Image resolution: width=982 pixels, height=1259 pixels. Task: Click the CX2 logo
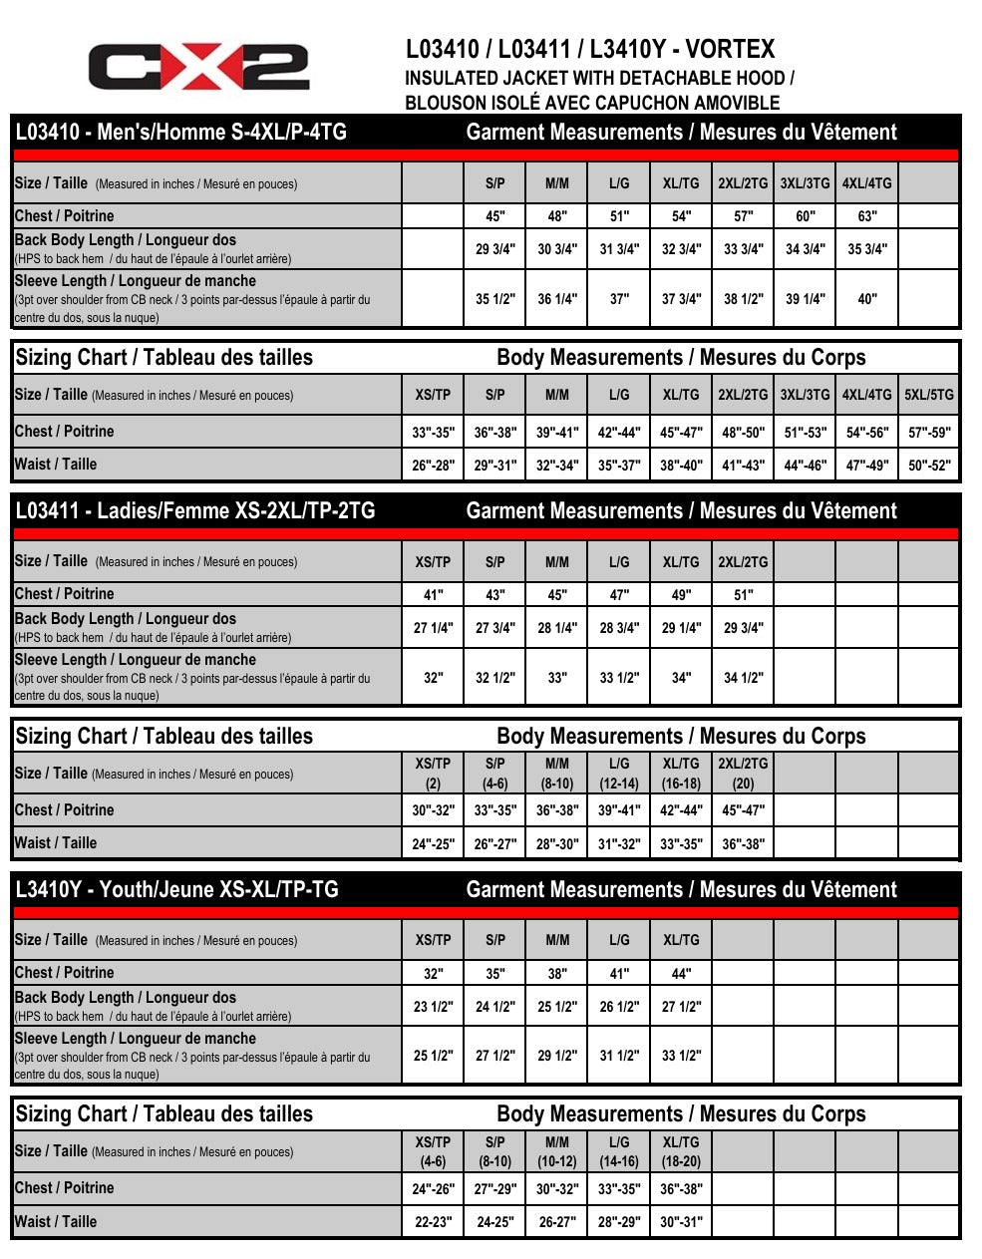coord(198,69)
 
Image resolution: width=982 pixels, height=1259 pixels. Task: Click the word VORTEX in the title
coord(730,49)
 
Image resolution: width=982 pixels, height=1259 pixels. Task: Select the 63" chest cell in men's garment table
coord(867,216)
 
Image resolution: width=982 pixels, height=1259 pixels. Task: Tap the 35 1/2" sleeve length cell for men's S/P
coord(495,299)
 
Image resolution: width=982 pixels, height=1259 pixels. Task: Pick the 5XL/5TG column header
coord(929,395)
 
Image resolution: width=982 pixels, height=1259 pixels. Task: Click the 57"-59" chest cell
coord(929,433)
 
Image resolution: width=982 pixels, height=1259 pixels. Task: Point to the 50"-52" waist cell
coord(929,466)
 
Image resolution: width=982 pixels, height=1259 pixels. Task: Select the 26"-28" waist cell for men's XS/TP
coord(433,466)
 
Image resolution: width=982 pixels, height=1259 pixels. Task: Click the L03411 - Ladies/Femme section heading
coord(195,511)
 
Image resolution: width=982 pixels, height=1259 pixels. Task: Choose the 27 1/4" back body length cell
coord(433,628)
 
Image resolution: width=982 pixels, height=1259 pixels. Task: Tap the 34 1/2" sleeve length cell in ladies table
coord(743,678)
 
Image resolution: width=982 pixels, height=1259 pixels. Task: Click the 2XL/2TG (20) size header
coord(743,774)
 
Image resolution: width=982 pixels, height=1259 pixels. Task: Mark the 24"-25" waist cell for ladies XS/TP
coord(433,844)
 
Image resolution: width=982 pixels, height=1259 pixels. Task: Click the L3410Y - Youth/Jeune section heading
coord(177,890)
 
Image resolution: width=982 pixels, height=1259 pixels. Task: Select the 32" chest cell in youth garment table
coord(433,974)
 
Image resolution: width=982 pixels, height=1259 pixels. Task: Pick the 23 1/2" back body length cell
coord(433,1007)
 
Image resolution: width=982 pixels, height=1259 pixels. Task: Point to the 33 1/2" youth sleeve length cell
coord(681,1056)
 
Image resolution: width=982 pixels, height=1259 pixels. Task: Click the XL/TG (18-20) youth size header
coord(681,1151)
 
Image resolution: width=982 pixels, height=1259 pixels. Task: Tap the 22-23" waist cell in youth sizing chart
coord(433,1222)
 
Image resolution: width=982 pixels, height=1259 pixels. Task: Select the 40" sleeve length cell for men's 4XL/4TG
coord(867,299)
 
